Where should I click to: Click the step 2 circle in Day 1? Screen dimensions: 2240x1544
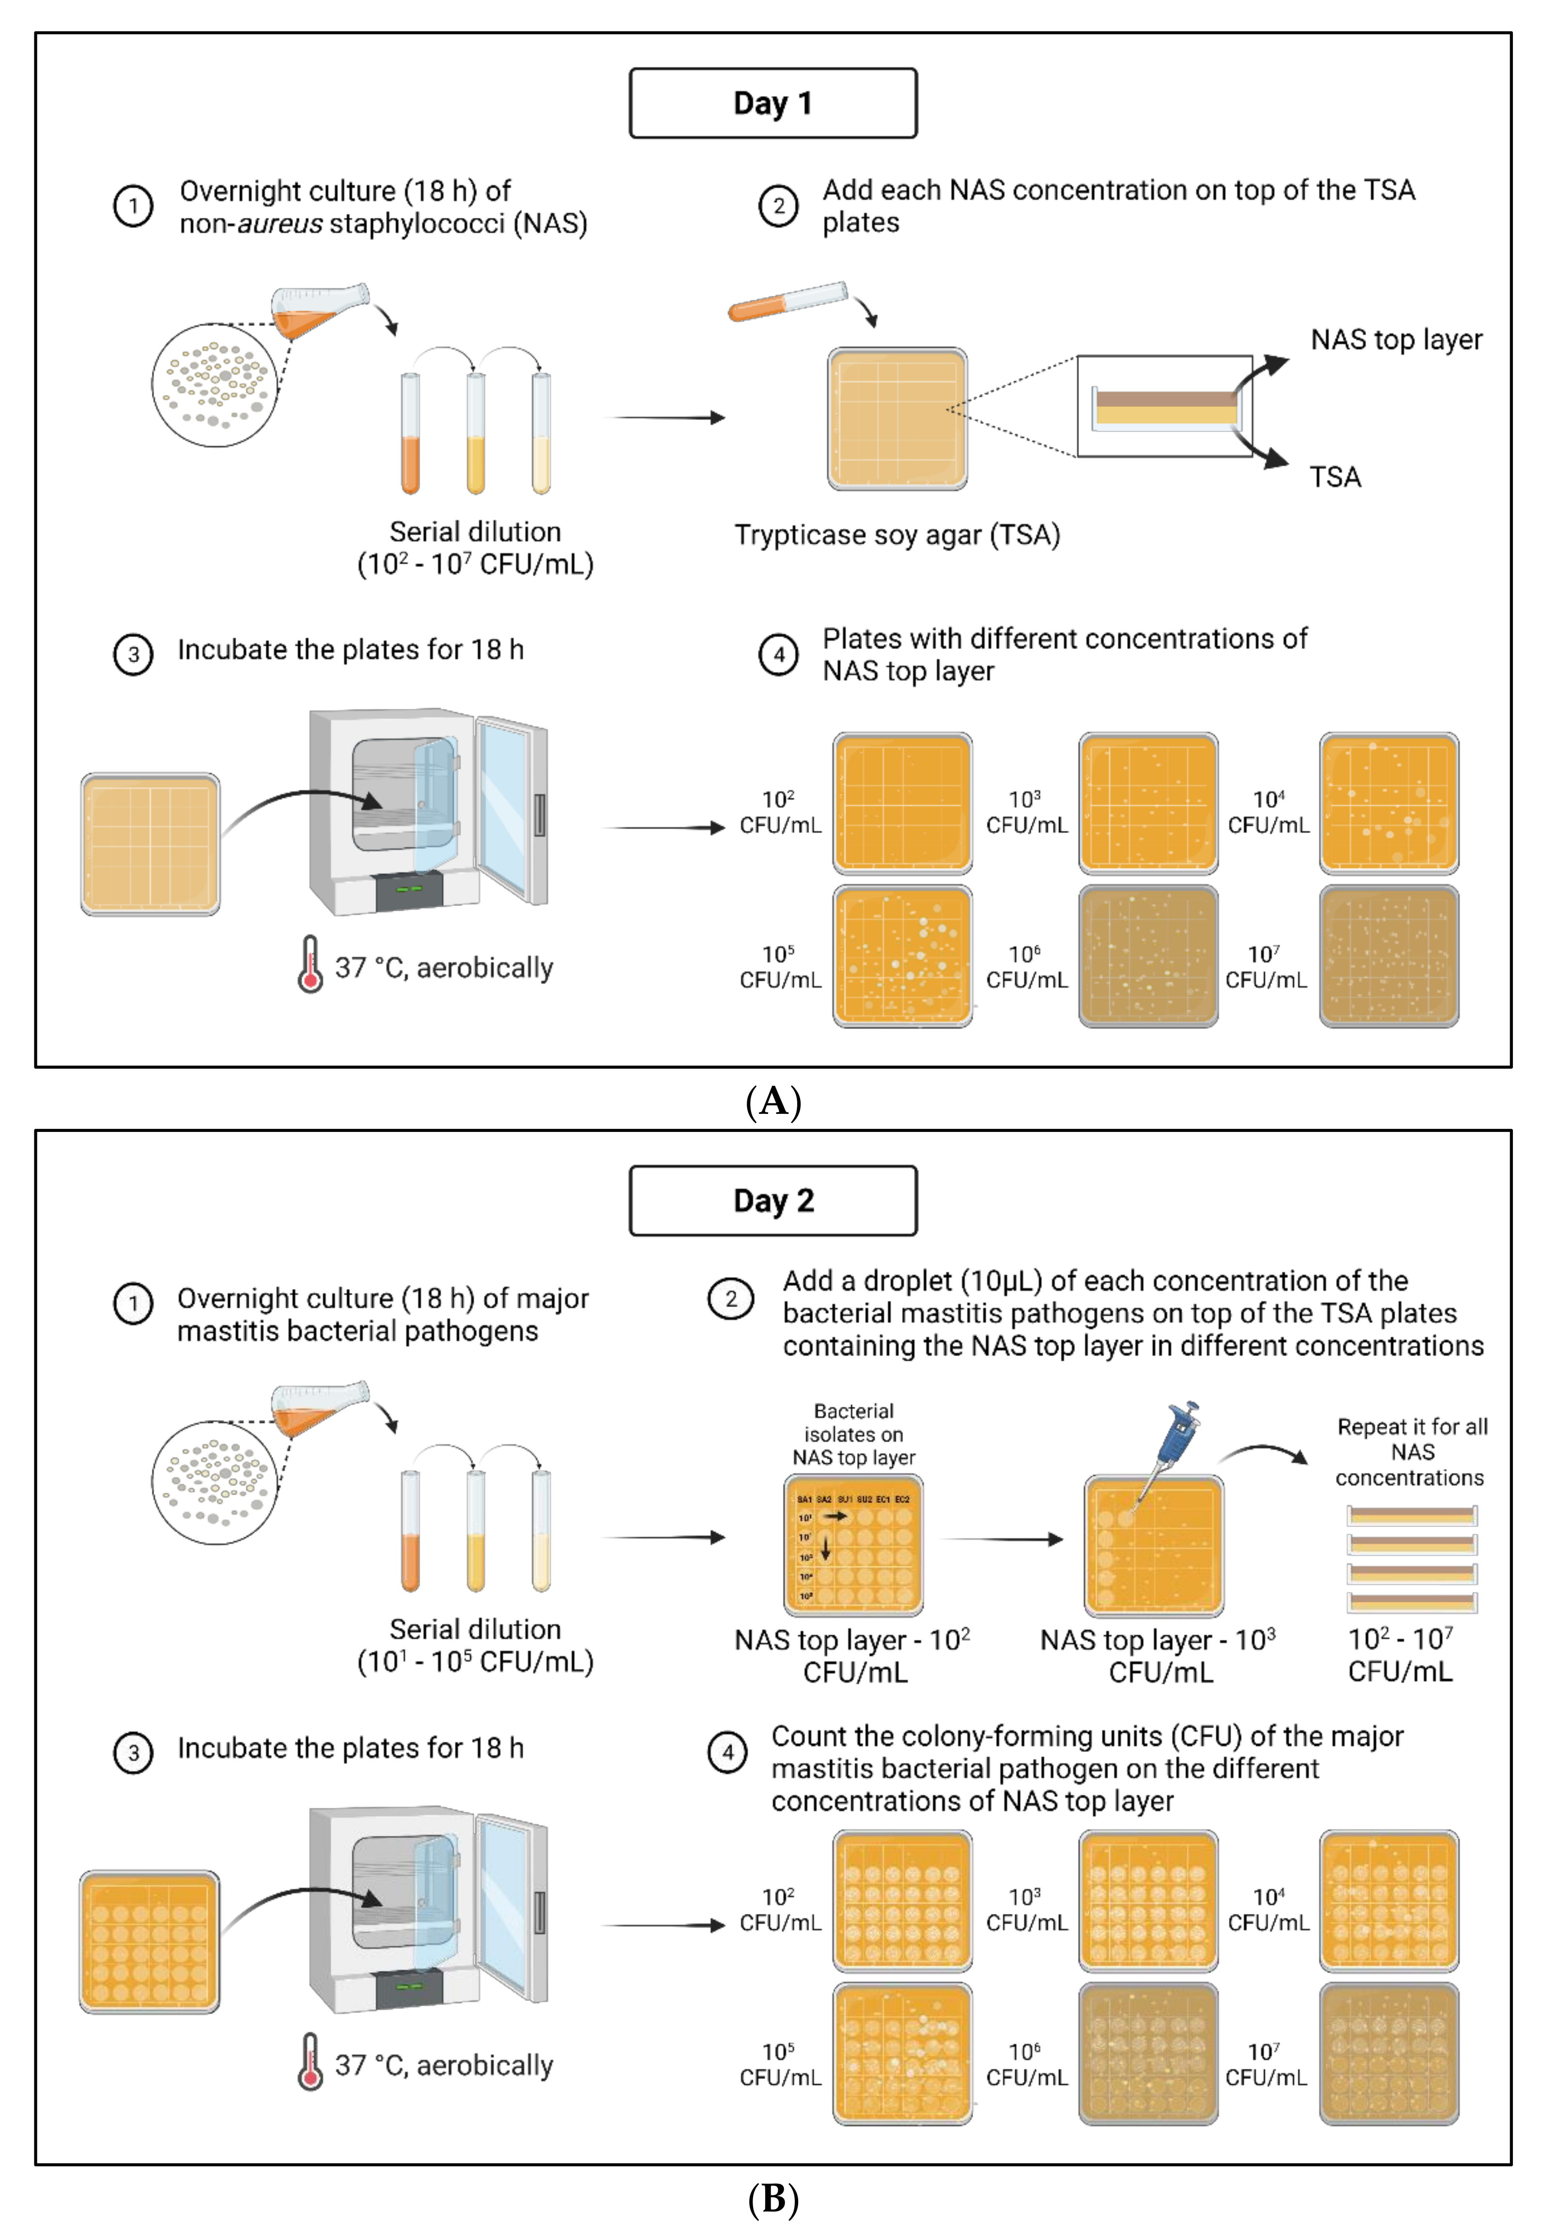coord(778,205)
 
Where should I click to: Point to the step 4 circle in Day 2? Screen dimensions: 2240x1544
coord(727,1751)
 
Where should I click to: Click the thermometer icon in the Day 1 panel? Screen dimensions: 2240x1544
coord(309,964)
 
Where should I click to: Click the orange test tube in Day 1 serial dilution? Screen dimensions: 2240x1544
coord(410,435)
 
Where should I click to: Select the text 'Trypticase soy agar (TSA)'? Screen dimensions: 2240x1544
coord(897,535)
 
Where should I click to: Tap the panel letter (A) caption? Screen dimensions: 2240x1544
coord(773,1101)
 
